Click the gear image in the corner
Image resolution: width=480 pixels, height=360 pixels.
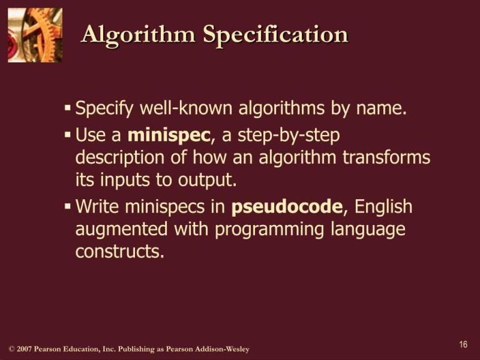click(x=35, y=34)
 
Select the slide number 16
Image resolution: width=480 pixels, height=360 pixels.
click(x=463, y=344)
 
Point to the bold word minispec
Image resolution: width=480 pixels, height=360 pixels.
click(x=170, y=136)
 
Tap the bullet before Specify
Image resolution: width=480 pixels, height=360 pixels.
click(x=68, y=109)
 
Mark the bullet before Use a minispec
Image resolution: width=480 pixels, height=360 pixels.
click(x=68, y=136)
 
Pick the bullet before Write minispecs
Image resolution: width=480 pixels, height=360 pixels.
click(x=68, y=207)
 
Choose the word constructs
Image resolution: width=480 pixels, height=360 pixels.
click(x=119, y=251)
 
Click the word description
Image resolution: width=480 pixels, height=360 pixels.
click(x=123, y=158)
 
